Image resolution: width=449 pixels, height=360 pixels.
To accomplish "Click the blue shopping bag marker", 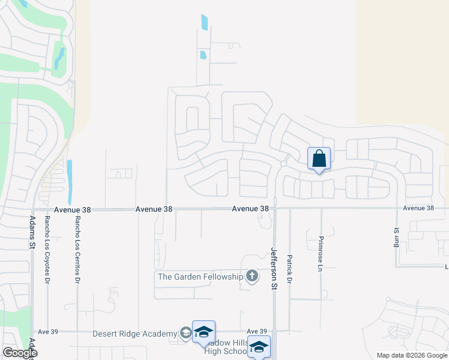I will (319, 159).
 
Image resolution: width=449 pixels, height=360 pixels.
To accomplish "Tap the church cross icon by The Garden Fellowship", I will (252, 276).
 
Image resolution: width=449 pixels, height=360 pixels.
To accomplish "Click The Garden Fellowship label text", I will (200, 277).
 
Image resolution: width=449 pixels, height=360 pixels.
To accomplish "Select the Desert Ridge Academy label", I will (134, 334).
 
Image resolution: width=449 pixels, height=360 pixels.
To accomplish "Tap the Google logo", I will (19, 353).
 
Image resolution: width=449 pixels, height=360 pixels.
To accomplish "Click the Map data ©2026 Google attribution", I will (412, 355).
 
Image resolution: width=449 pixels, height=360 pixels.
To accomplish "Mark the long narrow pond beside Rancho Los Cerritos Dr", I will (70, 181).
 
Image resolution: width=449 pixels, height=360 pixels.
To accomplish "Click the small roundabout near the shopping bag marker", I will (283, 163).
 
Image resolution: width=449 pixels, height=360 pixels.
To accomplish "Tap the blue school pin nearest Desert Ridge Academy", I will (203, 332).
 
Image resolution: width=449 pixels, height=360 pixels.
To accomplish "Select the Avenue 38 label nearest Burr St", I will (418, 208).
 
